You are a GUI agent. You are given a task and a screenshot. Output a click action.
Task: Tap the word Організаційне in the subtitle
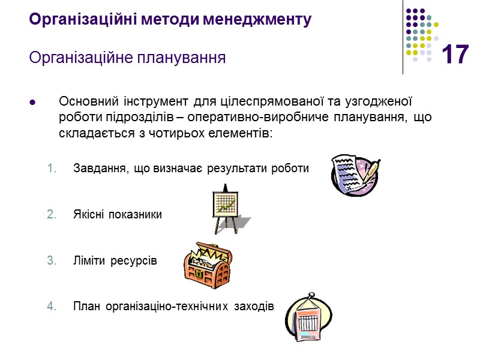pos(79,58)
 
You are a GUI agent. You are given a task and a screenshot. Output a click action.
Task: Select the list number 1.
pos(51,168)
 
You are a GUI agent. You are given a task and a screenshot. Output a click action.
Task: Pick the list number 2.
pos(51,214)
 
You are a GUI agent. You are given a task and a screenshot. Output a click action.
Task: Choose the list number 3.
pos(51,260)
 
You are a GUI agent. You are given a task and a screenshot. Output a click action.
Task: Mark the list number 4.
pos(51,307)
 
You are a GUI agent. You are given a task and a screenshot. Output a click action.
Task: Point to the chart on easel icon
pos(227,210)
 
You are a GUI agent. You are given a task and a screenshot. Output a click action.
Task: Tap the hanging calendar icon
pos(309,317)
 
